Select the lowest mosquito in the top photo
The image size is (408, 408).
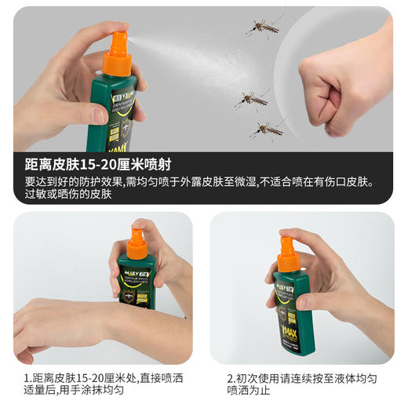coord(268,128)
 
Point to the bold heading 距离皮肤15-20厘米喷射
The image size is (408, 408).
coord(98,165)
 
